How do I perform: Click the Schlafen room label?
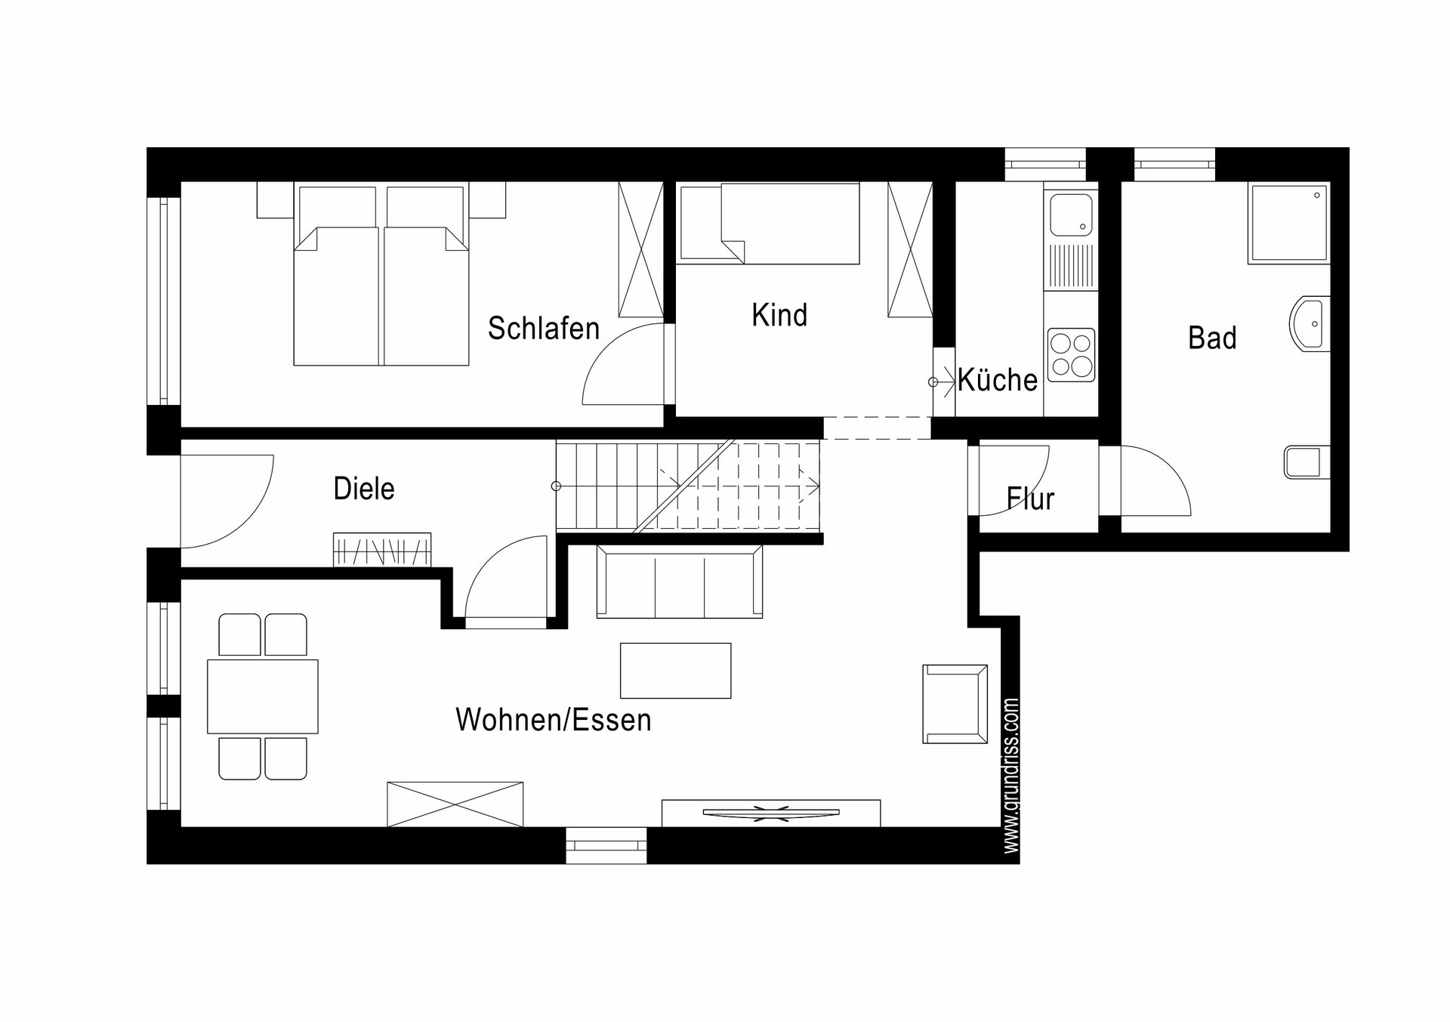tap(544, 329)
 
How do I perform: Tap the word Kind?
tap(779, 315)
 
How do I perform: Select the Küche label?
tap(998, 379)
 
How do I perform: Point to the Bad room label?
tap(1212, 338)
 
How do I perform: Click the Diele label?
tap(364, 489)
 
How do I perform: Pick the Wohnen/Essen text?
tap(554, 720)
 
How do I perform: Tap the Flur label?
tap(1030, 499)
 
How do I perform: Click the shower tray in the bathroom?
tap(1289, 223)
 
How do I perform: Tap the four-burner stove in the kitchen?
tap(1071, 354)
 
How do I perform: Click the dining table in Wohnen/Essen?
tap(263, 696)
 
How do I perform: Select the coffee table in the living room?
tap(675, 670)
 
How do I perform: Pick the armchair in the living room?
tap(955, 704)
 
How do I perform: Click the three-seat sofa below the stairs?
tap(680, 582)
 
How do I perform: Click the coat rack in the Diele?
tap(382, 550)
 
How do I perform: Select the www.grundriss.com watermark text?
tap(1012, 776)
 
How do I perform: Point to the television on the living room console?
tap(771, 813)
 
